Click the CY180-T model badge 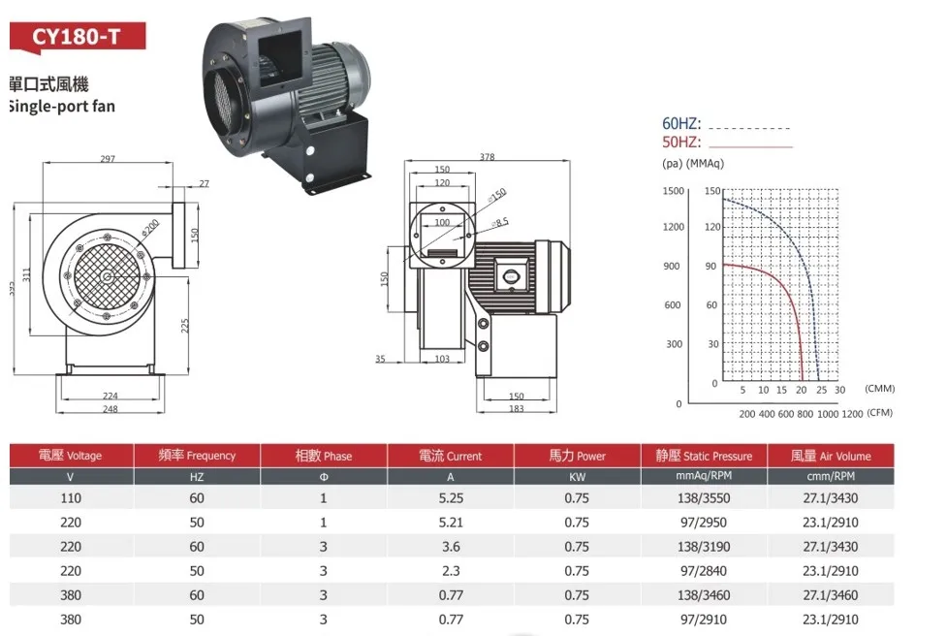pyautogui.click(x=78, y=37)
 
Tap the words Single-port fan pyautogui.click(x=62, y=107)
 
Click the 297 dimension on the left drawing pyautogui.click(x=108, y=158)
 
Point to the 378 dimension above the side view pyautogui.click(x=487, y=156)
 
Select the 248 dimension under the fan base pyautogui.click(x=110, y=409)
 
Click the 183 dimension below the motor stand pyautogui.click(x=517, y=408)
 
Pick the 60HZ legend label pyautogui.click(x=681, y=123)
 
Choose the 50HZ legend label pyautogui.click(x=681, y=142)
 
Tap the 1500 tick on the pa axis pyautogui.click(x=674, y=191)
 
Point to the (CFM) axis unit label pyautogui.click(x=879, y=412)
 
